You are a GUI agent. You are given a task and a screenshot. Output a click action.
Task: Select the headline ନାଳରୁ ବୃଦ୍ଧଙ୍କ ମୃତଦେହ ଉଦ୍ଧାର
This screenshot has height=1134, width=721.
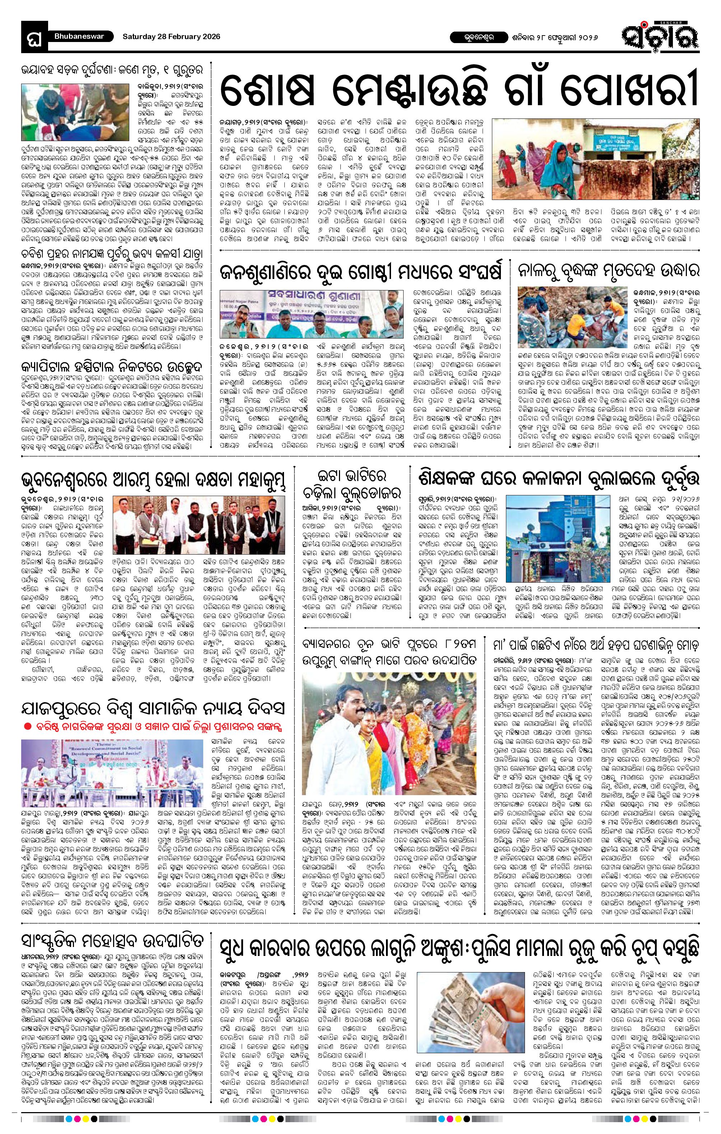[x=609, y=270]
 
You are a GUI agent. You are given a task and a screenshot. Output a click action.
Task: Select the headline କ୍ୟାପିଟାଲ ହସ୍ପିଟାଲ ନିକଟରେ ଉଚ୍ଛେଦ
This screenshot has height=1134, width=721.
[x=112, y=365]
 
